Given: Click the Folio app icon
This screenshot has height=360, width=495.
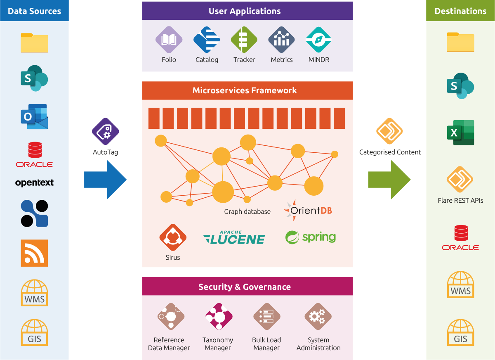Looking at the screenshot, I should [x=169, y=40].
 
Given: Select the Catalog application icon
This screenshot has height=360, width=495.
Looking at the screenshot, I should [x=206, y=40].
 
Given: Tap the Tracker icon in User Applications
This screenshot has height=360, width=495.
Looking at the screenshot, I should [x=244, y=40].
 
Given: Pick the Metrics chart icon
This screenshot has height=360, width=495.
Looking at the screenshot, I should [x=282, y=40].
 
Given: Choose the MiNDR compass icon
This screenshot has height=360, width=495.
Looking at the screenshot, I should [x=319, y=40].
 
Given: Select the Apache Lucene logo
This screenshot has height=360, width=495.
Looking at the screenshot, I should [x=234, y=238].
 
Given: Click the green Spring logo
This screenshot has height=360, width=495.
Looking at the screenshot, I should [x=310, y=237].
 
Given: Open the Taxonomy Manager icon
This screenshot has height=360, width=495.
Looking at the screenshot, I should [x=218, y=317].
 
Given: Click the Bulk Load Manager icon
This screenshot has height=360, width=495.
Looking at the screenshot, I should [x=266, y=317].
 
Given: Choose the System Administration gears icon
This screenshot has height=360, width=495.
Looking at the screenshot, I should [x=318, y=317].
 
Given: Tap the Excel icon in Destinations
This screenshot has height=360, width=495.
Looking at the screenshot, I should [x=460, y=133].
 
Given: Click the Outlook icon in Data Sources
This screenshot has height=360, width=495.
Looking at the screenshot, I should [x=34, y=116].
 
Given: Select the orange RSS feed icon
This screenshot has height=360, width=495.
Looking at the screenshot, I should [x=34, y=253].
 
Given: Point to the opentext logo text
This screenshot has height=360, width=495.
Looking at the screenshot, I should [x=34, y=183].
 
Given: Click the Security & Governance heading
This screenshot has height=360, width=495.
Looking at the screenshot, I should [x=245, y=287].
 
